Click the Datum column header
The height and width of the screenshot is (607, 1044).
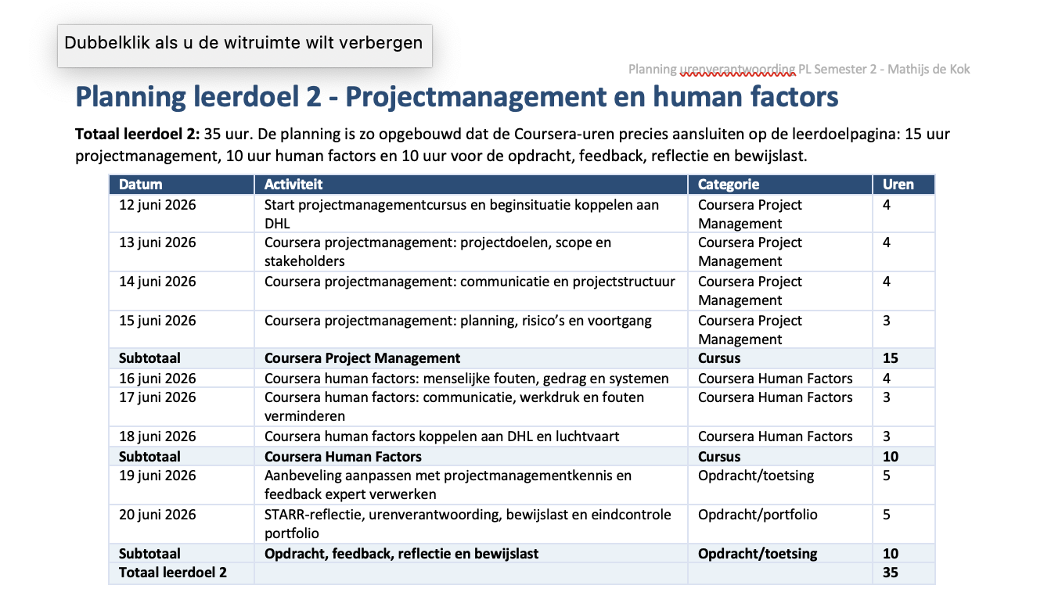click(x=140, y=185)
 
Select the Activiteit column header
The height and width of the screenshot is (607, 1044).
click(x=293, y=185)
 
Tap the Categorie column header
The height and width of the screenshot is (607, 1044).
click(x=729, y=185)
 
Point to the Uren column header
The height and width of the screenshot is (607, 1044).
click(x=898, y=185)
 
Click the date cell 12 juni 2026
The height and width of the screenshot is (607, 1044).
click(x=157, y=205)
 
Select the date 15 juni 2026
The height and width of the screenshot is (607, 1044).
click(x=157, y=321)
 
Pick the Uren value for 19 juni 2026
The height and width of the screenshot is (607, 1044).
click(x=887, y=475)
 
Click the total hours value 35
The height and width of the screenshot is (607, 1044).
click(x=890, y=572)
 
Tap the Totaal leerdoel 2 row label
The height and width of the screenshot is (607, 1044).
click(x=172, y=572)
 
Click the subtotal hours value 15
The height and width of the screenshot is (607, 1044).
click(x=890, y=357)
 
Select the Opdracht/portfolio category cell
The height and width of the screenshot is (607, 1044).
click(x=758, y=514)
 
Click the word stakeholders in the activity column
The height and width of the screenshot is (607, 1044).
click(x=304, y=261)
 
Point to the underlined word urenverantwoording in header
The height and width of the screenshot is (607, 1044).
click(x=737, y=70)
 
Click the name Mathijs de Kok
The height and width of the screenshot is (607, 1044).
click(x=928, y=69)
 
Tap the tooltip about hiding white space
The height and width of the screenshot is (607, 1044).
click(x=245, y=45)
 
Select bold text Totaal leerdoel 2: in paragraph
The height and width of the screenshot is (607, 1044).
click(x=138, y=135)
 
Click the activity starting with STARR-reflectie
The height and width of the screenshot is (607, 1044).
click(x=467, y=523)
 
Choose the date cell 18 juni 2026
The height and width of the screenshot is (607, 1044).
click(x=157, y=436)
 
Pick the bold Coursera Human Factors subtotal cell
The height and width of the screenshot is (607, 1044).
click(x=343, y=457)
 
